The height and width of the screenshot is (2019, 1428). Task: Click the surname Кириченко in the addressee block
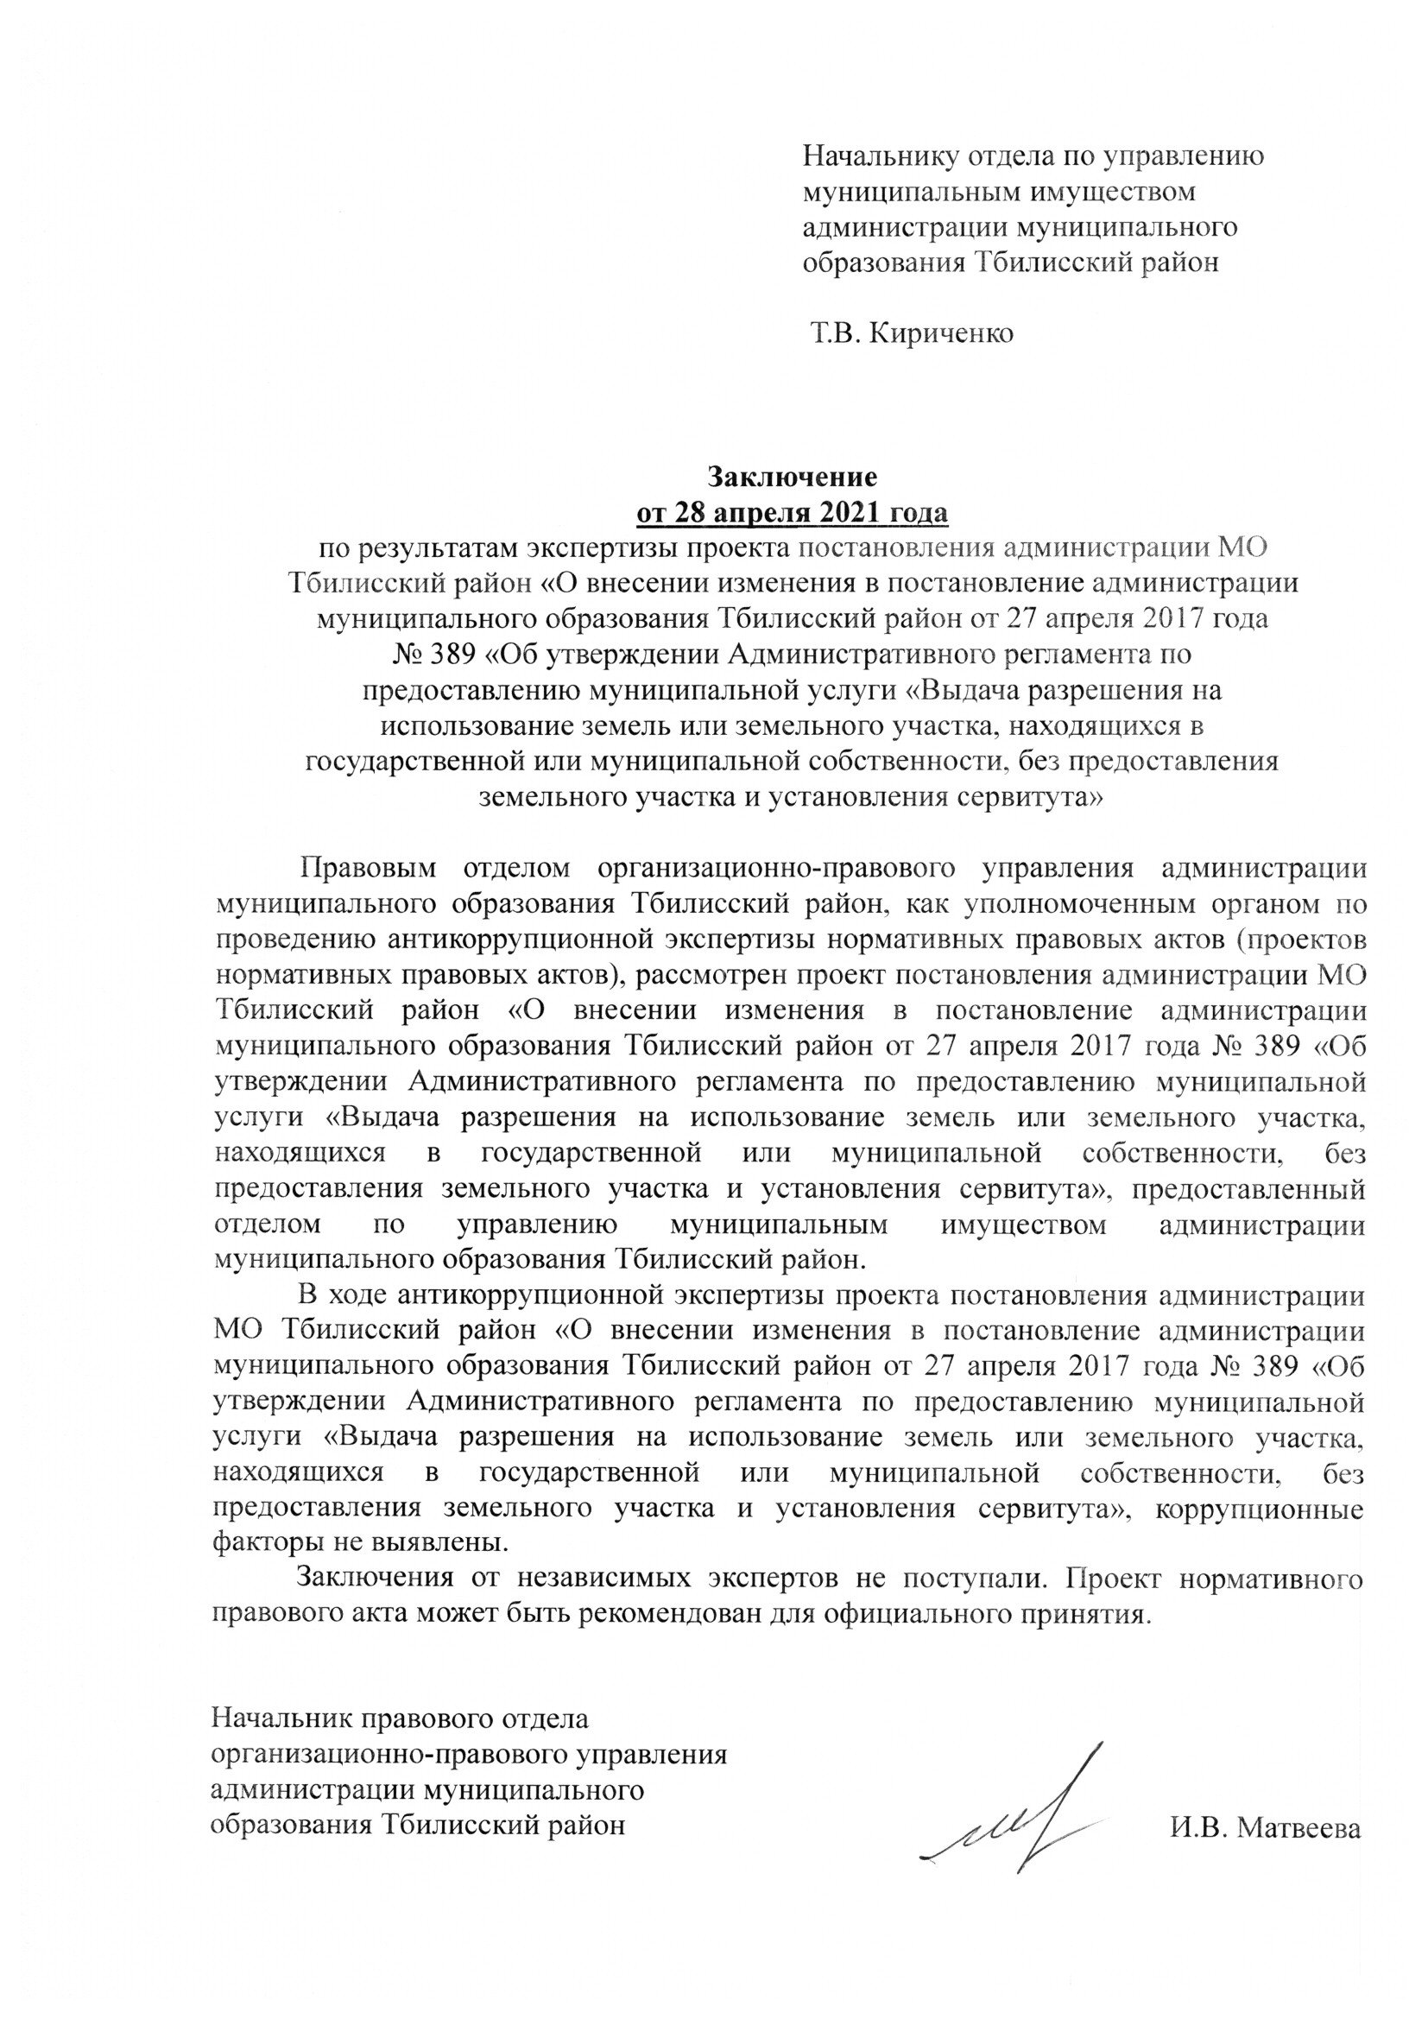tap(941, 334)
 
